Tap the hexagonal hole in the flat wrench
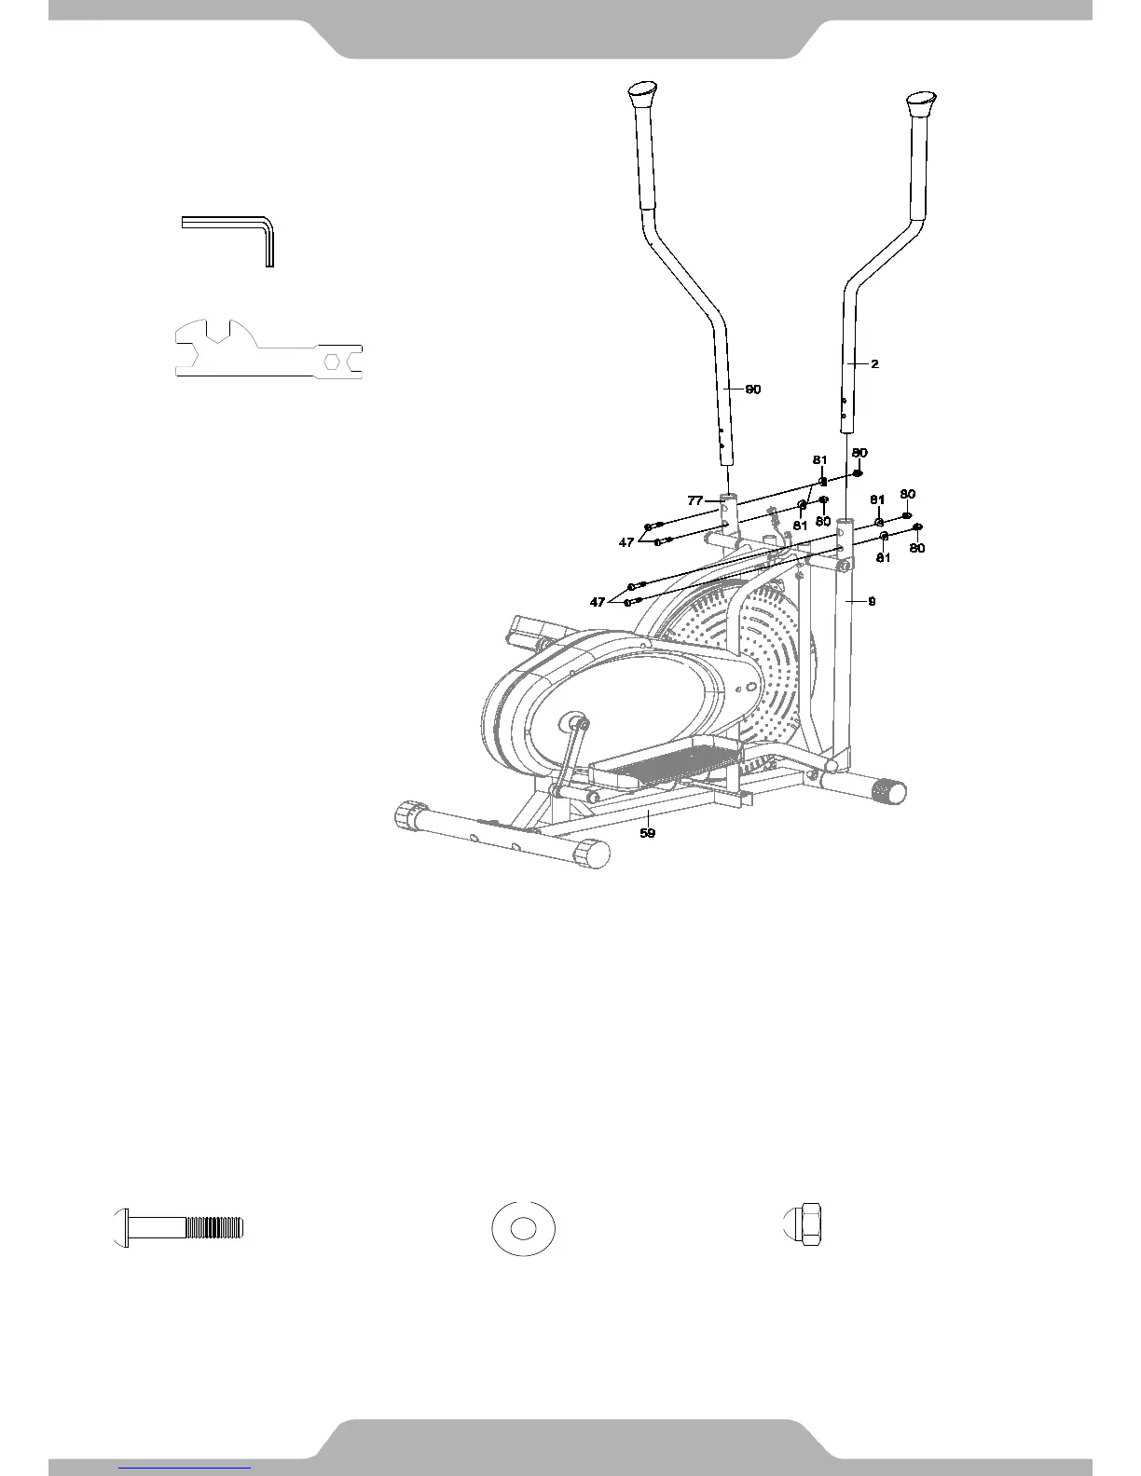click(x=332, y=360)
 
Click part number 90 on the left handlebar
click(x=751, y=389)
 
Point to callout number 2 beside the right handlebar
click(x=874, y=364)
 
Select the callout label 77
click(x=695, y=500)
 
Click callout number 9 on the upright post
click(x=872, y=602)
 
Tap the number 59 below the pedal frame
click(x=647, y=832)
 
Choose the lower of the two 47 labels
click(x=598, y=602)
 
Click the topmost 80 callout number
click(x=859, y=453)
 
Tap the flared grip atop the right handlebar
click(x=921, y=102)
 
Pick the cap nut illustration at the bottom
click(x=804, y=1226)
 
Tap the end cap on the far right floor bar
click(x=889, y=792)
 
